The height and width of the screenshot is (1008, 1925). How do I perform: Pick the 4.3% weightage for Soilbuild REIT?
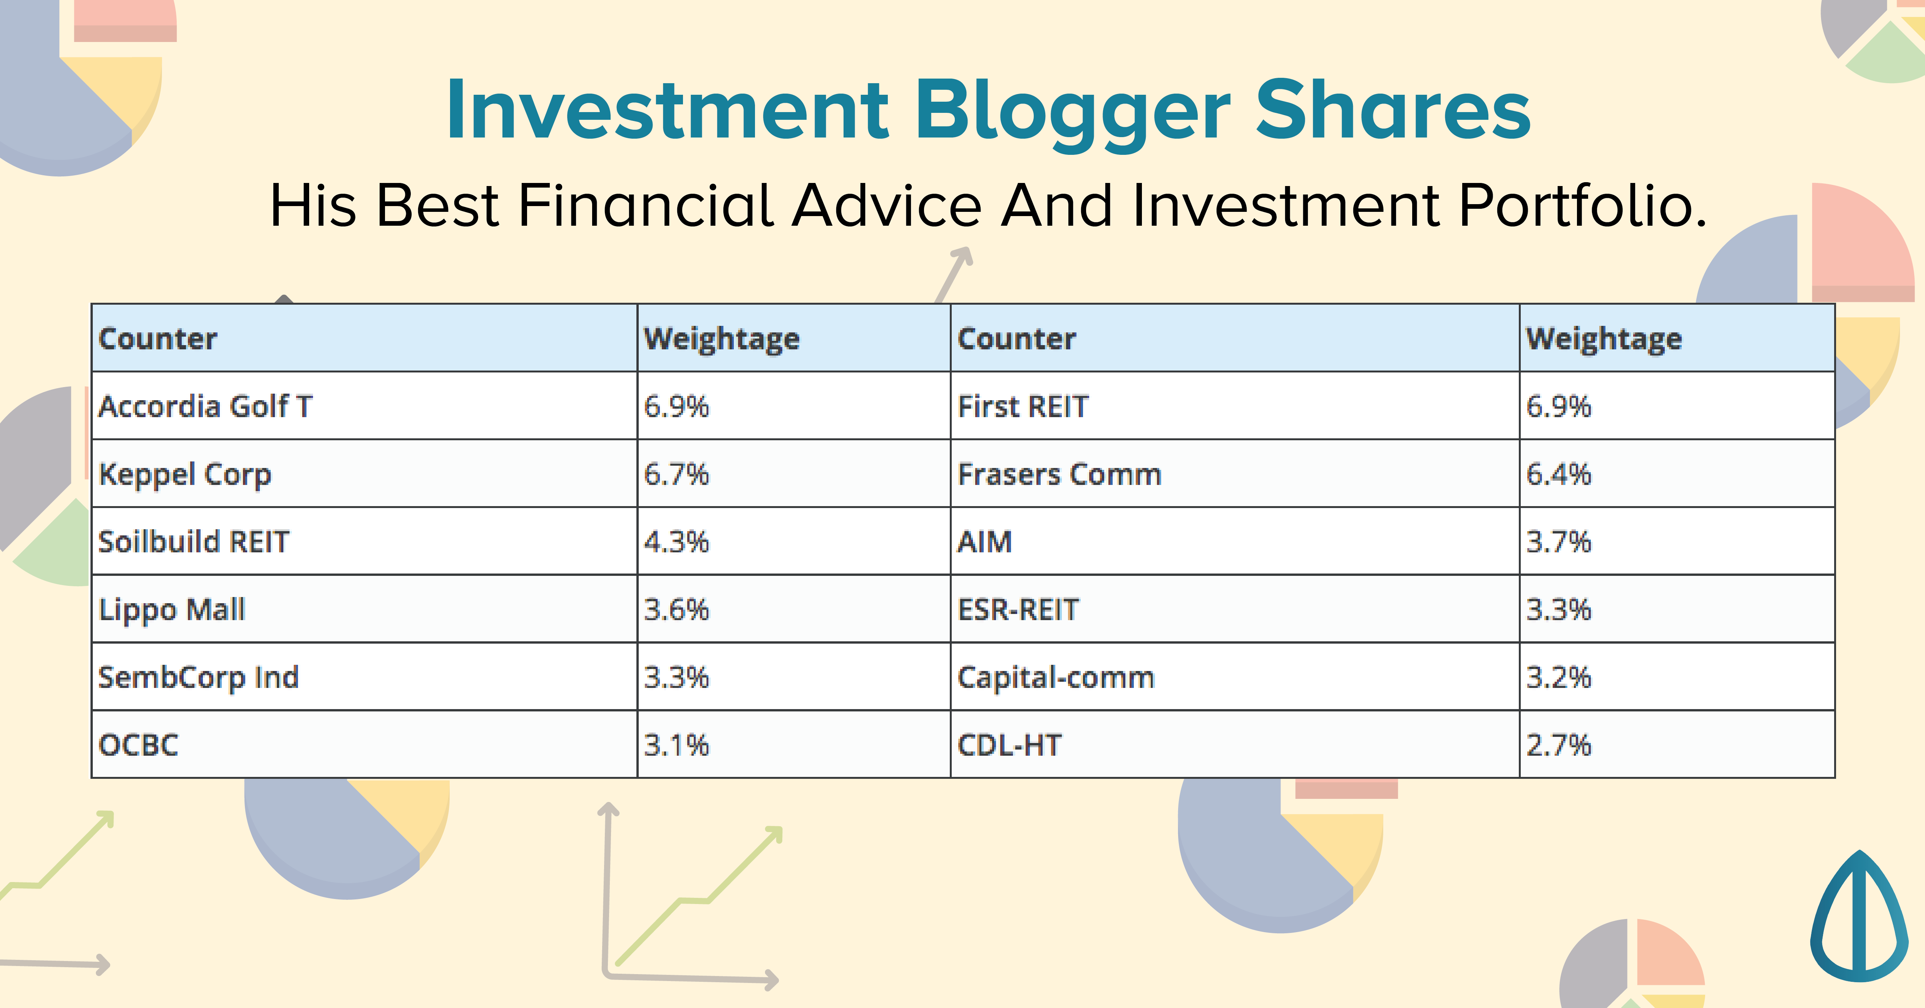pyautogui.click(x=676, y=542)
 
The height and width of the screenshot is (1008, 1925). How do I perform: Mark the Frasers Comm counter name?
pyautogui.click(x=1060, y=474)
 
